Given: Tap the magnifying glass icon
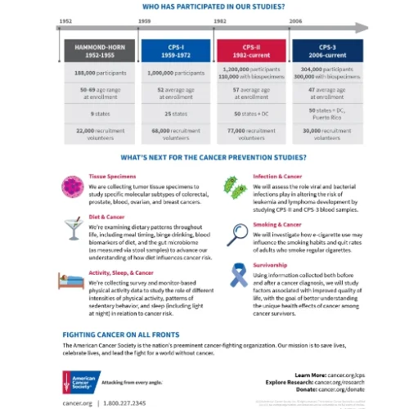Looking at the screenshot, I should pyautogui.click(x=237, y=232).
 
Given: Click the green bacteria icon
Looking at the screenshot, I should pyautogui.click(x=237, y=187).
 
